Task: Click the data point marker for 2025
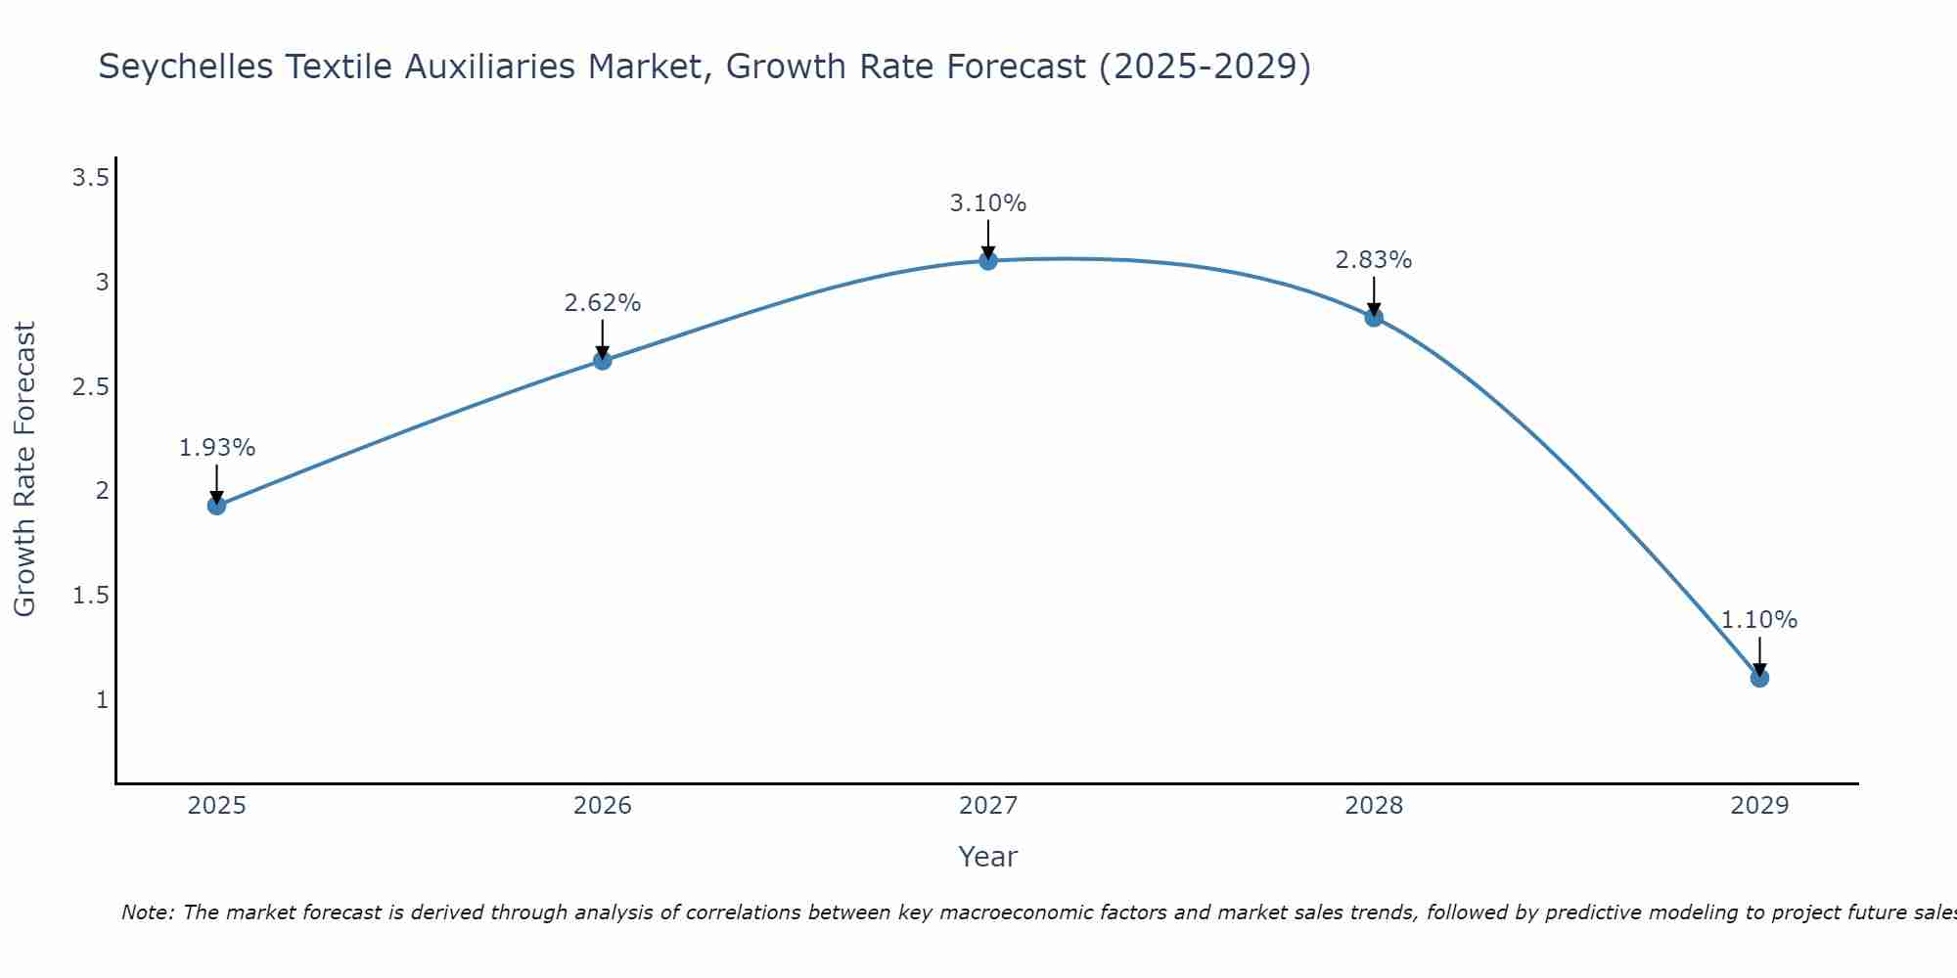(x=216, y=506)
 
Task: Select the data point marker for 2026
(x=602, y=361)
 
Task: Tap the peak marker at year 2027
(x=987, y=260)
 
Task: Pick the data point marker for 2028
(x=1373, y=317)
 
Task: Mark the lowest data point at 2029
(x=1758, y=678)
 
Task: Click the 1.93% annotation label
(x=216, y=448)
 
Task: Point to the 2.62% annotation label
(x=602, y=303)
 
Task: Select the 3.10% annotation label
(x=987, y=203)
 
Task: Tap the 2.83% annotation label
(x=1373, y=260)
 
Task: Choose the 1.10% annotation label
(x=1758, y=620)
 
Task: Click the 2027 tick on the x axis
(x=987, y=806)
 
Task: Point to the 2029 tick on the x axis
(x=1758, y=806)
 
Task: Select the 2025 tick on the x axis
(x=216, y=806)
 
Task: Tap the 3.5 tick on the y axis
(x=90, y=178)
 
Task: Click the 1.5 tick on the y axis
(x=90, y=596)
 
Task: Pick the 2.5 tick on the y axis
(x=90, y=387)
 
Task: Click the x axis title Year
(x=987, y=857)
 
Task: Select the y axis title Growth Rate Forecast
(x=24, y=469)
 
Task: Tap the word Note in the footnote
(x=147, y=912)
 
